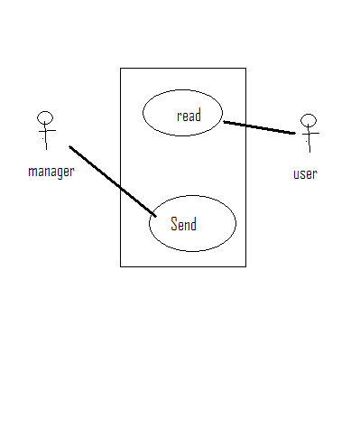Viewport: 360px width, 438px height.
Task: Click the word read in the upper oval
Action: [x=189, y=116]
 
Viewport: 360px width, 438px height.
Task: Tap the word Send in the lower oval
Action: [x=183, y=224]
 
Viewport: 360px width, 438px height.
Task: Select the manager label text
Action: [x=51, y=172]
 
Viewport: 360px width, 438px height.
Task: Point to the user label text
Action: [x=305, y=174]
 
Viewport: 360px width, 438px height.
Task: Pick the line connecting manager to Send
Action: [x=113, y=182]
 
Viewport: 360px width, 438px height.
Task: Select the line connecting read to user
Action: [x=259, y=127]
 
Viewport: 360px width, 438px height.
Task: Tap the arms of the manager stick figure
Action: [x=47, y=131]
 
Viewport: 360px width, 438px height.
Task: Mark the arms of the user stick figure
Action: [x=310, y=133]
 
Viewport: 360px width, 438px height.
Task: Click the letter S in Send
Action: [x=174, y=224]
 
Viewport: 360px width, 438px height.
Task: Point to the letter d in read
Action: [x=198, y=116]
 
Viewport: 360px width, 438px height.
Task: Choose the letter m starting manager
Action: [x=32, y=172]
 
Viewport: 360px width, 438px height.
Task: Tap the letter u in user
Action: [x=297, y=174]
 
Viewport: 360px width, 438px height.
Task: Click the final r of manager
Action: [x=72, y=172]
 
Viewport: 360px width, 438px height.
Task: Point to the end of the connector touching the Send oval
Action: [x=156, y=216]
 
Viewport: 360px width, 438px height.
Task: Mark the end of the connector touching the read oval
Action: [x=224, y=122]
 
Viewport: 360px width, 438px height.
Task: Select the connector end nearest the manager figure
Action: [x=69, y=146]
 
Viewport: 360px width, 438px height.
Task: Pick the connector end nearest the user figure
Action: [x=295, y=133]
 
